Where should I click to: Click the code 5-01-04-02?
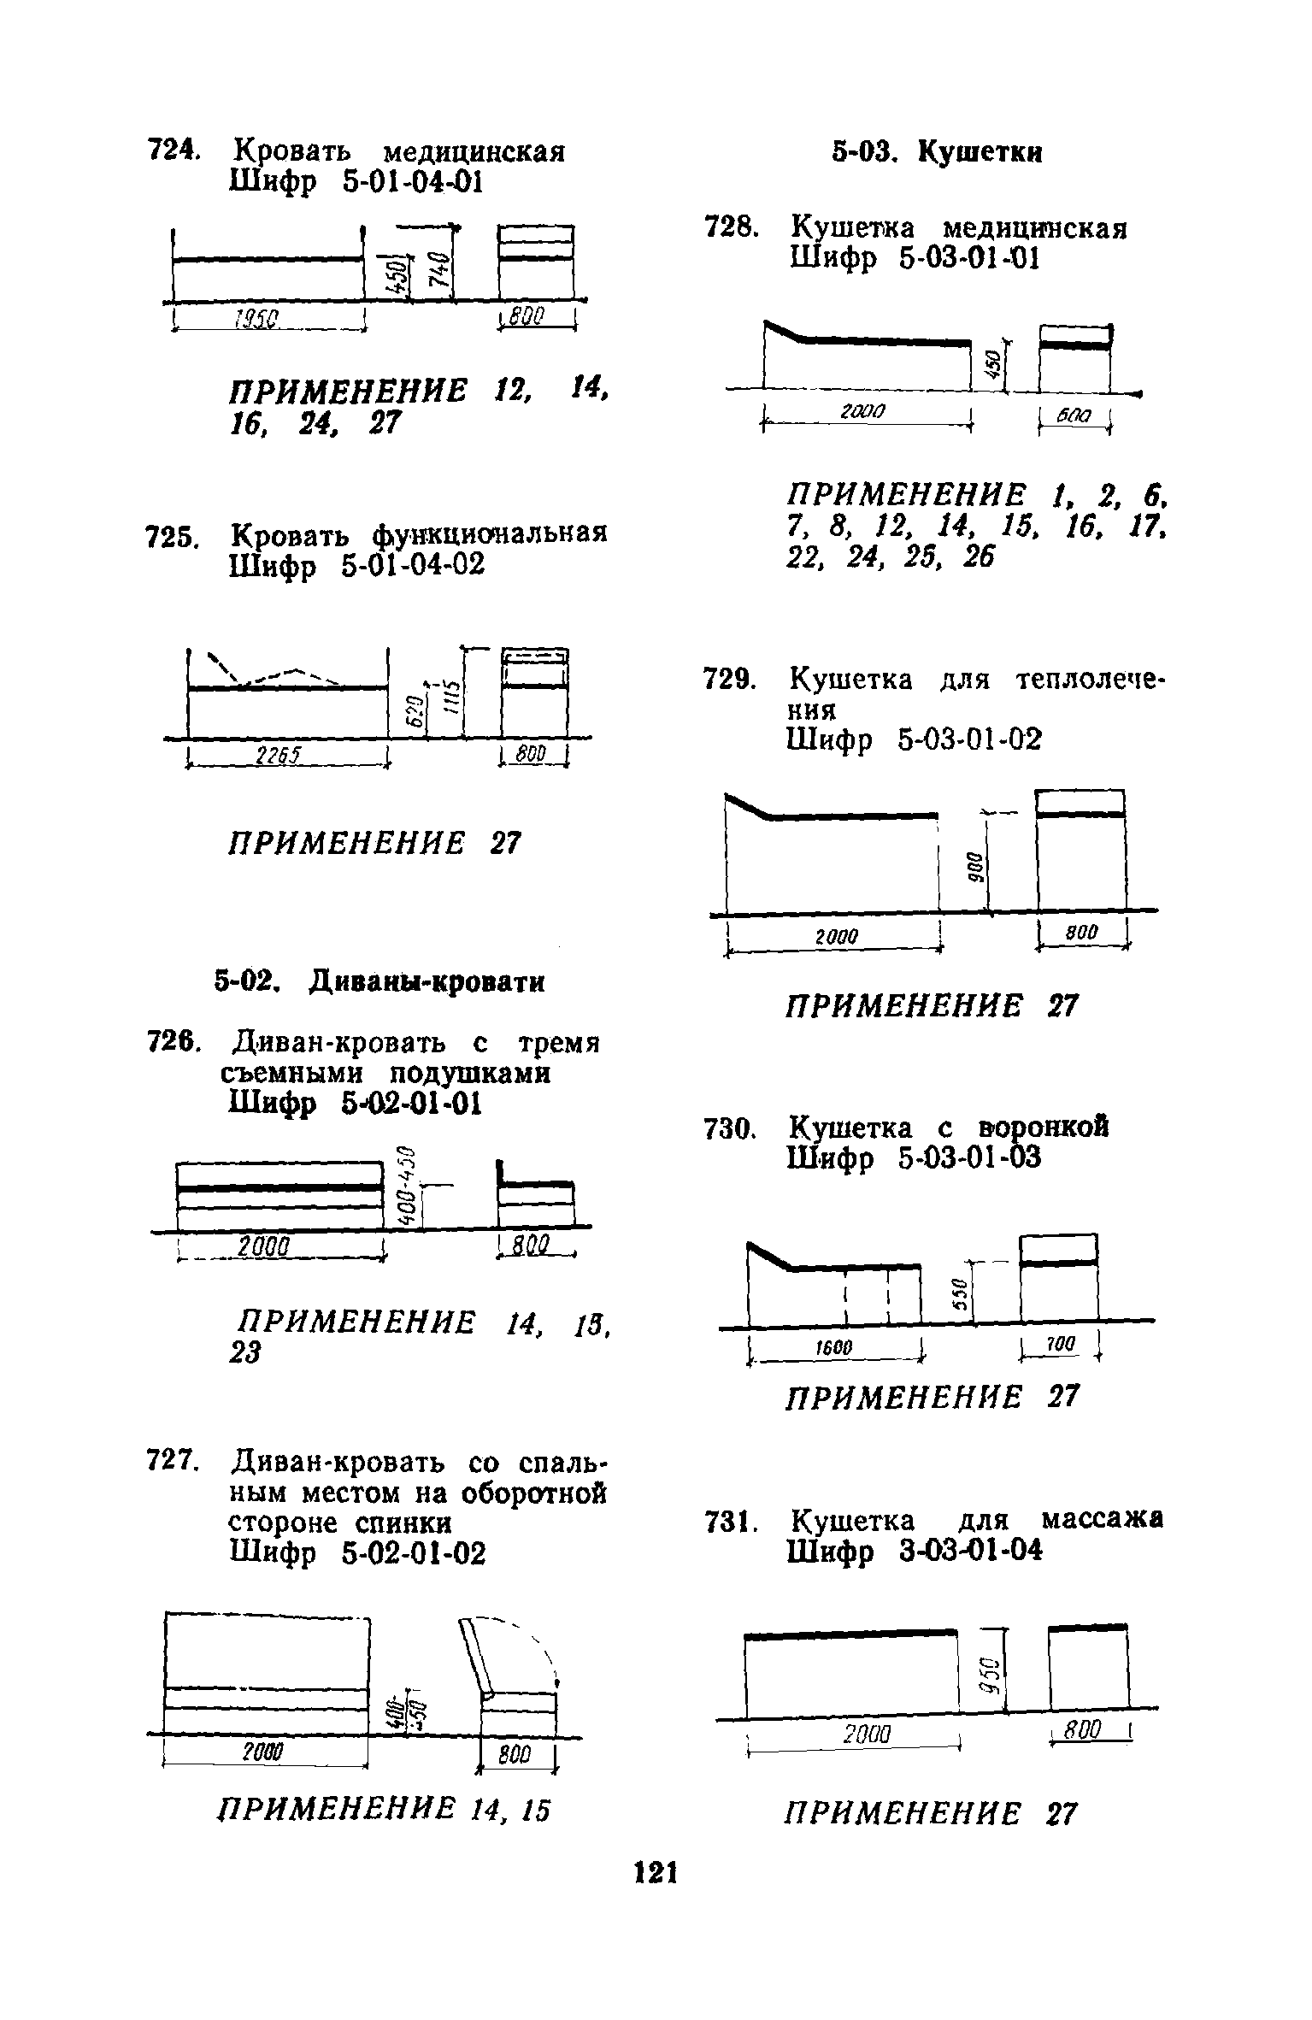[x=412, y=565]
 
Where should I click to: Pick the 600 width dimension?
[x=1073, y=415]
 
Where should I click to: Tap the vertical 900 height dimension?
[x=975, y=867]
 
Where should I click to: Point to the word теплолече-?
[x=1090, y=681]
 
